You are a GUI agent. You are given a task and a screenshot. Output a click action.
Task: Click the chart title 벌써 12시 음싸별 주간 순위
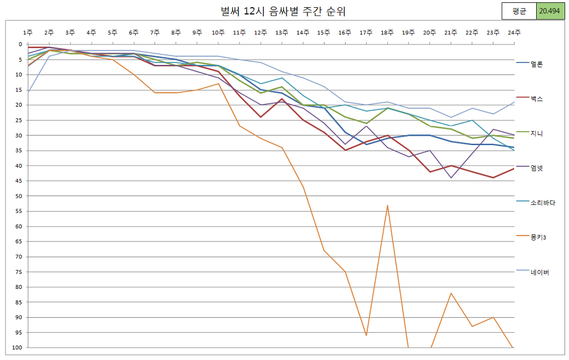[279, 12]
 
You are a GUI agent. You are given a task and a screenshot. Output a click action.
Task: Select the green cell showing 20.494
[551, 12]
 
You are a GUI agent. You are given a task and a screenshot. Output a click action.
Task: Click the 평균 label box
[519, 12]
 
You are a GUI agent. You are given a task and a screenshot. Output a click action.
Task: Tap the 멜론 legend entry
[536, 64]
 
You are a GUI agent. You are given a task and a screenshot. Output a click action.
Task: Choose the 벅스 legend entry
[536, 99]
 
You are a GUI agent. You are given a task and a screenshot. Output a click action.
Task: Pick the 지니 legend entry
[536, 133]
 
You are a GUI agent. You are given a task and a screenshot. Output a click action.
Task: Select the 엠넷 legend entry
[536, 168]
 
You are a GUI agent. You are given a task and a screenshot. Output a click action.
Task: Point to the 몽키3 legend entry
[538, 237]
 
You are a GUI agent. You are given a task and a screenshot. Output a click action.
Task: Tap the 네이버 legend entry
[540, 272]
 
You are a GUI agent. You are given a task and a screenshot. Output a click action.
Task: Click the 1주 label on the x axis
[28, 33]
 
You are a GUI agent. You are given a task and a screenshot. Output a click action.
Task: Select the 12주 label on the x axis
[261, 33]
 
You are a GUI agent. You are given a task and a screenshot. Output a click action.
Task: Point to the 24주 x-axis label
[514, 33]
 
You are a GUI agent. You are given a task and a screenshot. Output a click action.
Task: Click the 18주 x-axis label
[387, 33]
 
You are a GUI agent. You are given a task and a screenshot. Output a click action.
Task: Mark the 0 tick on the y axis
[20, 44]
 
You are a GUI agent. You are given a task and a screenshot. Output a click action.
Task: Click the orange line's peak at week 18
[387, 205]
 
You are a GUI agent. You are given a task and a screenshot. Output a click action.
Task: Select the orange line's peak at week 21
[451, 293]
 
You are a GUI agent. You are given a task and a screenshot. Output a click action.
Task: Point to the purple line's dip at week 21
[451, 178]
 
